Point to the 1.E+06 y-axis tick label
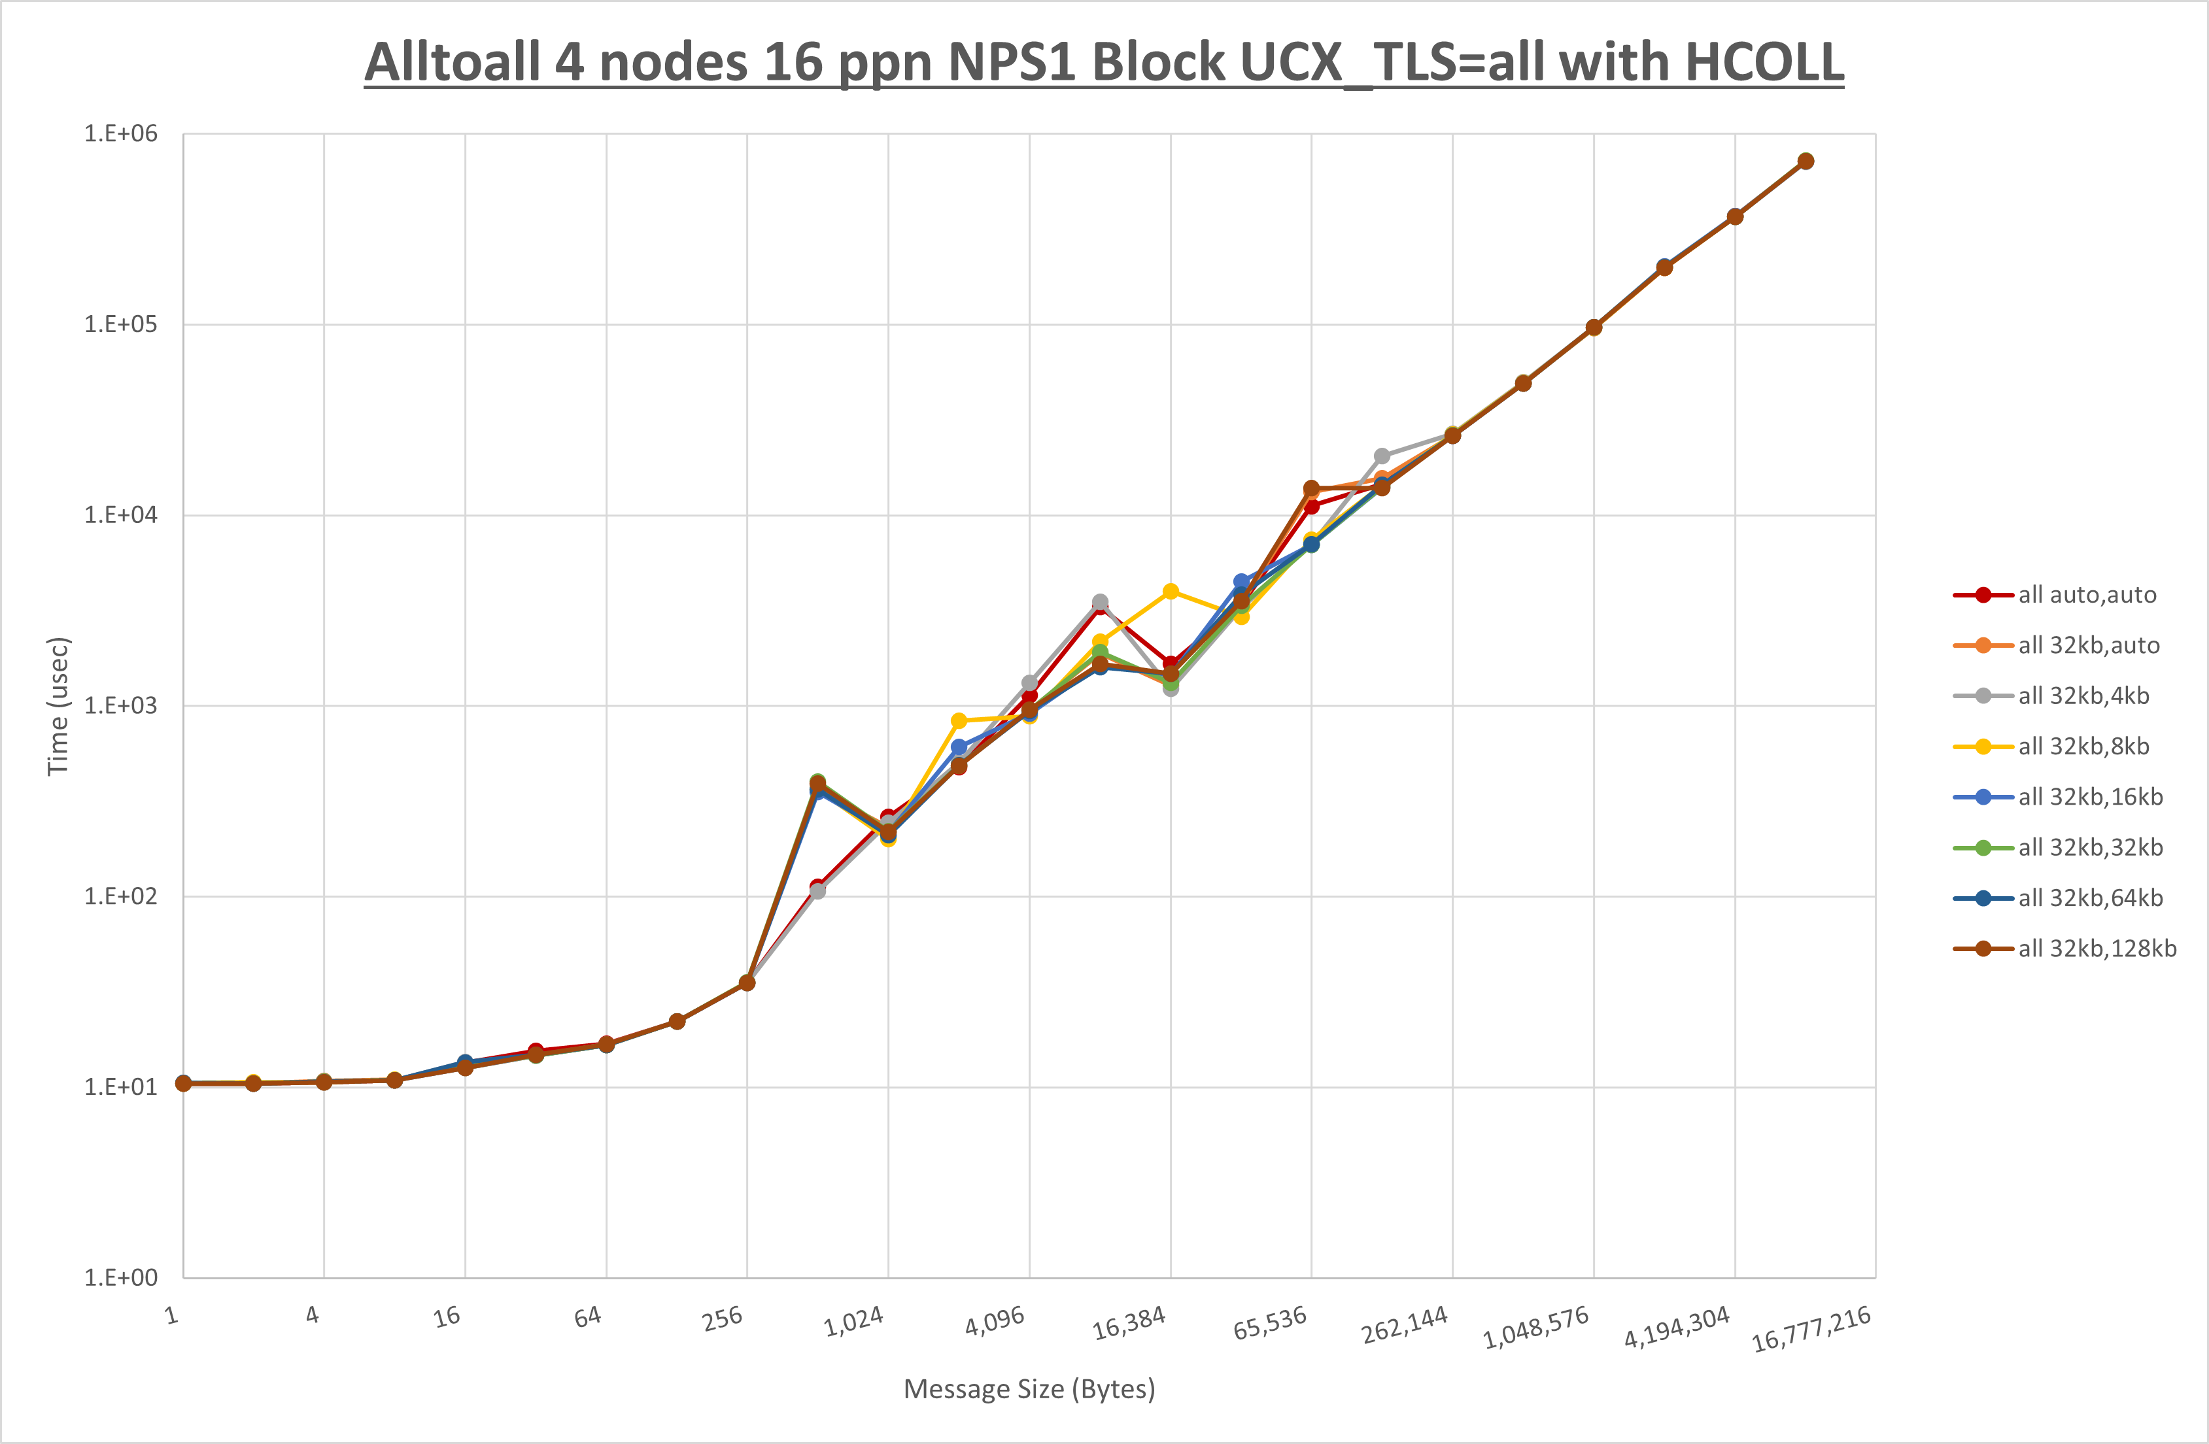(x=121, y=133)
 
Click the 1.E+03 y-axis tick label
(x=121, y=705)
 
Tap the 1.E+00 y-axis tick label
(x=121, y=1278)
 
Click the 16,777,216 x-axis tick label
(x=1811, y=1329)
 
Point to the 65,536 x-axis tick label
(x=1270, y=1323)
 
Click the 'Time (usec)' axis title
(x=58, y=705)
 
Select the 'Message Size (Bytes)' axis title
(x=1029, y=1389)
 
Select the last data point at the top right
(x=1806, y=161)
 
